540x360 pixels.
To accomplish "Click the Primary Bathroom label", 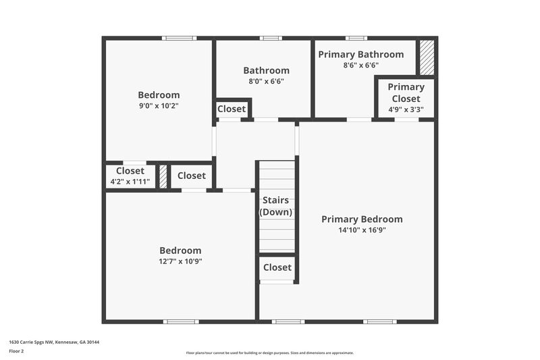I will [x=361, y=55].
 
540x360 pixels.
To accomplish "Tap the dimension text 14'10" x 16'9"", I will [x=362, y=230].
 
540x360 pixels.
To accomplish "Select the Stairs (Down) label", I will [x=275, y=206].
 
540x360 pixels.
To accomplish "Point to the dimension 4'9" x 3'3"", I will [x=406, y=109].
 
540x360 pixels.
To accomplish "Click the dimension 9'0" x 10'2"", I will [x=159, y=106].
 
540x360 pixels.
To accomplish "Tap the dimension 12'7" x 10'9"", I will [x=180, y=261].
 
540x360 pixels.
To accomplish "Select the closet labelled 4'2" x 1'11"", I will [x=130, y=176].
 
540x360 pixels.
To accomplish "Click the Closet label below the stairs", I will [x=277, y=267].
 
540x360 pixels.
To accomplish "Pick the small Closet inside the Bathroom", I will [x=232, y=109].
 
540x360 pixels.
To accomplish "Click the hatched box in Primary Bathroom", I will [x=427, y=58].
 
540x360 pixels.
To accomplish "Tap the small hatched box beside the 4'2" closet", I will [x=163, y=176].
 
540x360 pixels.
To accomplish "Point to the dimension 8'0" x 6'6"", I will [x=266, y=81].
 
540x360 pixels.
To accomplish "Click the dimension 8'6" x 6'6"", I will [x=361, y=66].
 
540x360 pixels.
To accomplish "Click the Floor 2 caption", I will [x=16, y=351].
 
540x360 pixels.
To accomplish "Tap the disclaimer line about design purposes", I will [x=269, y=353].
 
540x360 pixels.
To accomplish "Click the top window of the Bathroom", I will [x=271, y=38].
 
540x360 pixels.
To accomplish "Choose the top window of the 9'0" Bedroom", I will [x=179, y=38].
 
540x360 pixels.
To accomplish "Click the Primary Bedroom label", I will [x=362, y=220].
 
